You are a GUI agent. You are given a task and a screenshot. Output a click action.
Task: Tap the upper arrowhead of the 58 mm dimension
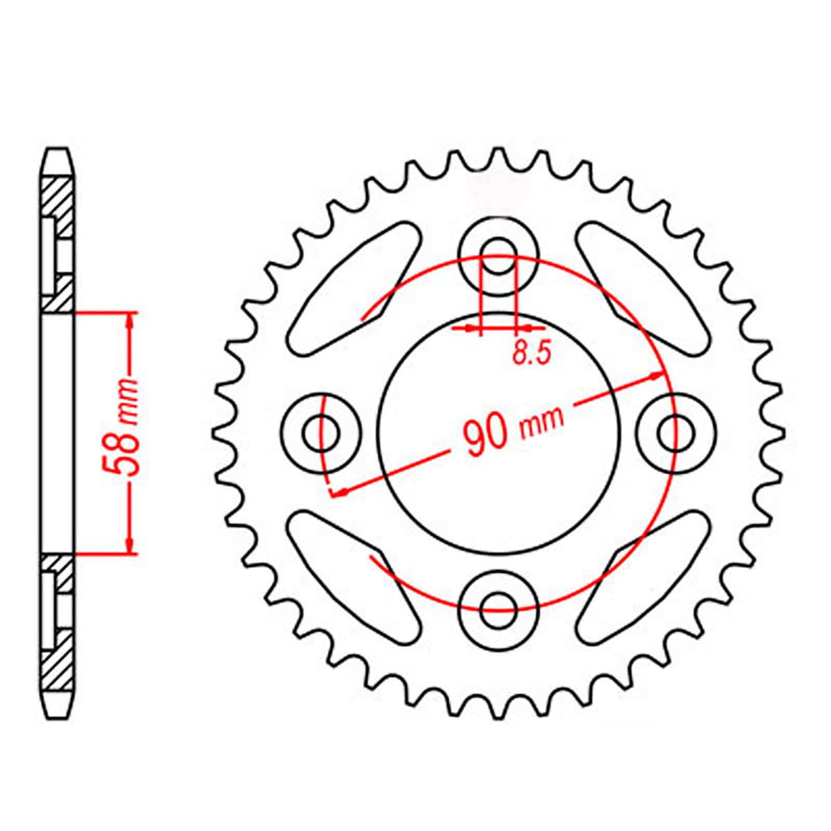tap(130, 320)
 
